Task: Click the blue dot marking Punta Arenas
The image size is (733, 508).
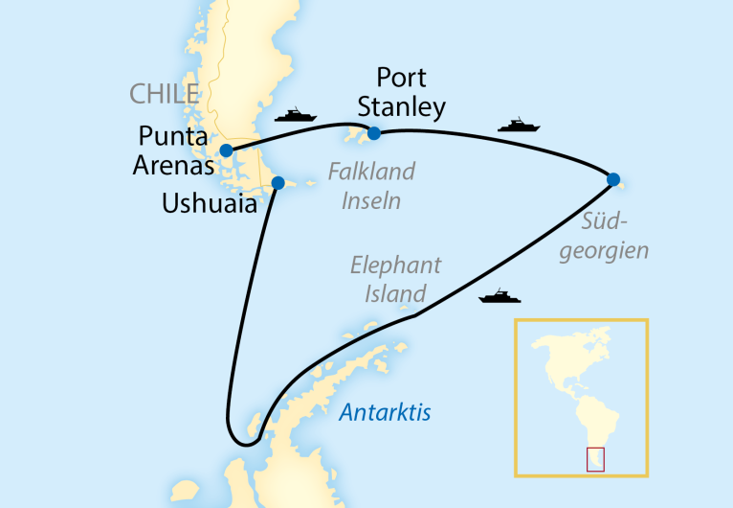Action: (x=226, y=150)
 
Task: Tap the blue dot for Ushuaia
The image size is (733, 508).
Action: (x=278, y=182)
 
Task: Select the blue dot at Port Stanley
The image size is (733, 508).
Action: (x=374, y=133)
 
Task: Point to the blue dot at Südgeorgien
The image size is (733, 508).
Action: (x=612, y=178)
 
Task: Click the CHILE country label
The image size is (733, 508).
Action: (x=164, y=94)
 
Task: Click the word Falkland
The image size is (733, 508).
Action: (x=371, y=173)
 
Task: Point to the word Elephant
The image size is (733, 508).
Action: (x=395, y=266)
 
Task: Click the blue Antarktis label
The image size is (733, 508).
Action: (x=386, y=413)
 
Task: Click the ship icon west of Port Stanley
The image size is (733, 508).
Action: (x=296, y=115)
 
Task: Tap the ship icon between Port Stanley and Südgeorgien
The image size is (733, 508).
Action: (x=520, y=125)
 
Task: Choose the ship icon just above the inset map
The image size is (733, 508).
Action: (x=500, y=296)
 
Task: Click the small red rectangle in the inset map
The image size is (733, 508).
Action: (x=595, y=459)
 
